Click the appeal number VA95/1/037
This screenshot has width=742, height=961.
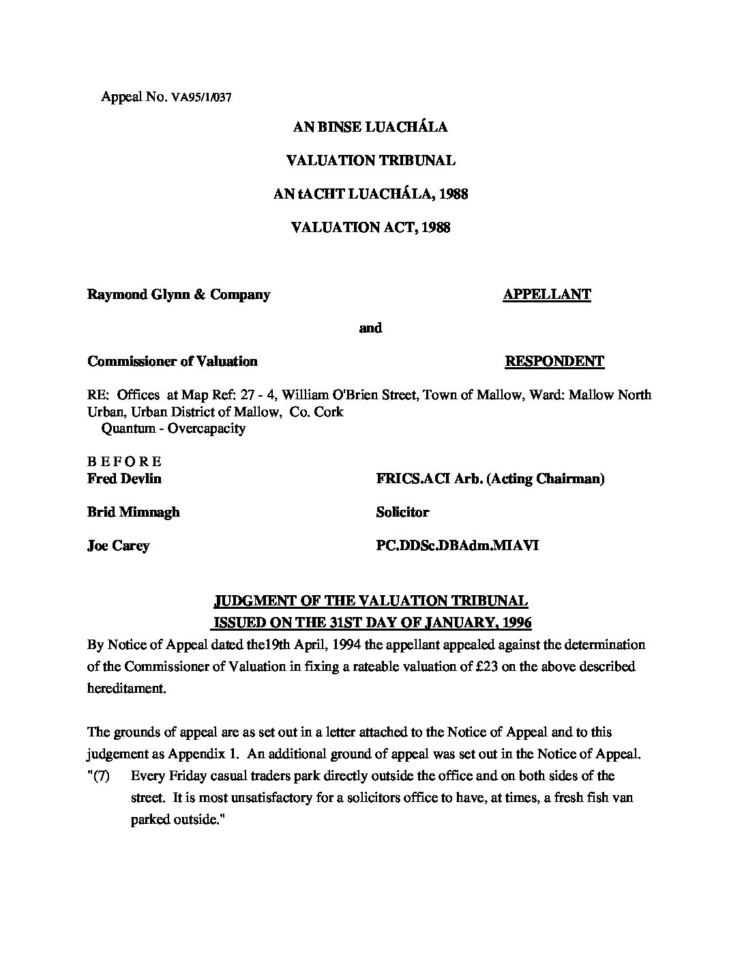click(x=202, y=97)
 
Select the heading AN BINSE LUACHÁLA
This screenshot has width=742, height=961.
click(x=370, y=127)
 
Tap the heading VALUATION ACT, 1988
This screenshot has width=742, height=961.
click(x=370, y=227)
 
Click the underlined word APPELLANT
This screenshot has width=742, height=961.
click(x=546, y=295)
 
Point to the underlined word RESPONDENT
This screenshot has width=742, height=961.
click(x=554, y=362)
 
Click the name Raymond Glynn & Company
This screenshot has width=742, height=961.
click(x=179, y=295)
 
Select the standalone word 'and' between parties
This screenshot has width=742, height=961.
click(x=370, y=328)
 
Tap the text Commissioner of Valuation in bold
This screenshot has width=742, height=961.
click(x=173, y=362)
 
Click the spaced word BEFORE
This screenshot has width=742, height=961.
click(x=124, y=462)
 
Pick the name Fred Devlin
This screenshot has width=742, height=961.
click(x=124, y=478)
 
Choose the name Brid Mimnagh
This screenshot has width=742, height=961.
click(x=134, y=512)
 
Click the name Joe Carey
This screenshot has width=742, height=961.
click(x=118, y=545)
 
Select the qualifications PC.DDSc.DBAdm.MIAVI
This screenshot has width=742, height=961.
click(x=457, y=545)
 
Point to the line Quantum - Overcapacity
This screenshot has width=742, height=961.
click(x=173, y=429)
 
